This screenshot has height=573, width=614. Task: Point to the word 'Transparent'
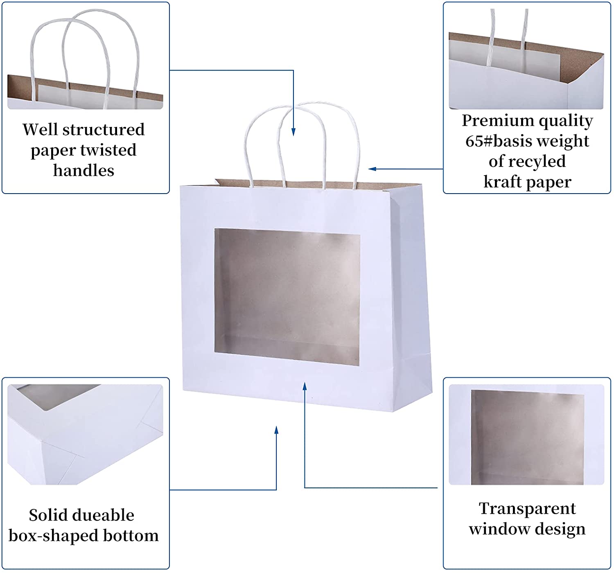point(527,509)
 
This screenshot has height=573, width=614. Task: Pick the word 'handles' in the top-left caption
point(84,171)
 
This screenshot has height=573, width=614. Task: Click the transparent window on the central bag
point(287,297)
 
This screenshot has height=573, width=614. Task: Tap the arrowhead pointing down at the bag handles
point(293,132)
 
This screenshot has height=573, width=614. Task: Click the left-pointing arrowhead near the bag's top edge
point(372,169)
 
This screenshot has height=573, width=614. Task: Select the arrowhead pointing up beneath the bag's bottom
point(277,430)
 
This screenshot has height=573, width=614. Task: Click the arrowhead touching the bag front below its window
point(305,386)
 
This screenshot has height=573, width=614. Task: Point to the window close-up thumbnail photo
point(526,435)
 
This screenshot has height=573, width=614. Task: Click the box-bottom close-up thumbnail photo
point(85,435)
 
